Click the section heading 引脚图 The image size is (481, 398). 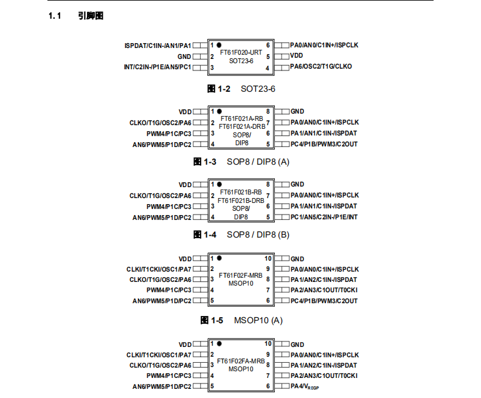click(x=91, y=16)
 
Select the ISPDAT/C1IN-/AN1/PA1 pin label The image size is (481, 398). click(x=157, y=46)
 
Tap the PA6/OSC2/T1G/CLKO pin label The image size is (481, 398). click(x=320, y=67)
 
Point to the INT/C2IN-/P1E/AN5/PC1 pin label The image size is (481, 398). click(x=157, y=67)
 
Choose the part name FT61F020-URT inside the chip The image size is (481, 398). click(x=241, y=53)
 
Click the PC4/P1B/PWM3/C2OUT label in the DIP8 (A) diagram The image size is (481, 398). click(x=324, y=144)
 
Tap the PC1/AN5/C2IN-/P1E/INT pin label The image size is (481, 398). click(x=324, y=217)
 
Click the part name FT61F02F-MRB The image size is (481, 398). click(x=241, y=275)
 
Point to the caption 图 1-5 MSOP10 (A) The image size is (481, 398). click(x=241, y=320)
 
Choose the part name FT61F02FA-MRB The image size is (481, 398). click(x=241, y=361)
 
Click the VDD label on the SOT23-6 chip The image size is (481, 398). click(x=297, y=56)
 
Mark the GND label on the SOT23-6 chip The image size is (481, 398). click(x=184, y=57)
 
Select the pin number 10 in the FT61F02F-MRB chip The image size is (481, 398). click(x=268, y=258)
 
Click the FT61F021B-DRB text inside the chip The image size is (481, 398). click(x=241, y=200)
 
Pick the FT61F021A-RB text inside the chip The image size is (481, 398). click(x=241, y=118)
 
